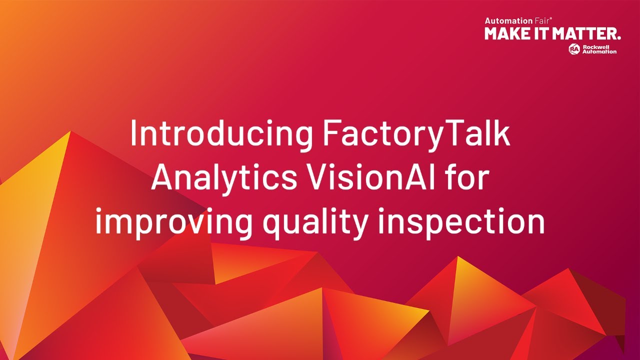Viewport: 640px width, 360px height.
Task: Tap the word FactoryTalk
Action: [x=416, y=134]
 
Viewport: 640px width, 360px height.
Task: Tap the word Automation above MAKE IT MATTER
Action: [x=501, y=20]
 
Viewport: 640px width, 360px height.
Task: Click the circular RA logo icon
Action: [x=574, y=48]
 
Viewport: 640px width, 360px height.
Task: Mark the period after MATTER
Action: [x=619, y=38]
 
